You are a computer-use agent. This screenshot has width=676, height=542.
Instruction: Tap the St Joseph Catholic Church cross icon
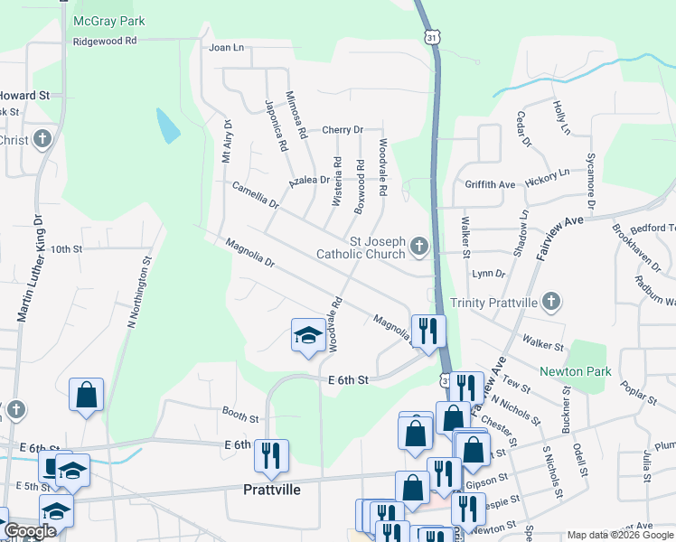(418, 245)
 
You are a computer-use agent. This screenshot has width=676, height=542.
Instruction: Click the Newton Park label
(575, 371)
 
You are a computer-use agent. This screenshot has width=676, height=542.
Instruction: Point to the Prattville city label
(271, 490)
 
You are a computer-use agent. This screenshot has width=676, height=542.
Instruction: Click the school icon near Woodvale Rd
(308, 335)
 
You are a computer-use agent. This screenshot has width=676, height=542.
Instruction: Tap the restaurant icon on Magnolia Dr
(427, 330)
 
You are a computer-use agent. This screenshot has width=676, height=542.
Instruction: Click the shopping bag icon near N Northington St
(86, 394)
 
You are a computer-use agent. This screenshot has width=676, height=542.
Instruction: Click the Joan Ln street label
(226, 47)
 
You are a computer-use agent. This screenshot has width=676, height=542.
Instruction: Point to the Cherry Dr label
(342, 130)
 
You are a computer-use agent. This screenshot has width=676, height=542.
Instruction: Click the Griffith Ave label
(490, 184)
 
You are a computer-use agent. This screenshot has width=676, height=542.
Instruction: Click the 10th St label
(66, 248)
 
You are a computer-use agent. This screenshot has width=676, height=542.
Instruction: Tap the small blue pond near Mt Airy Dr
(168, 126)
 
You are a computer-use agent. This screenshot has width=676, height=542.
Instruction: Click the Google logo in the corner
(29, 530)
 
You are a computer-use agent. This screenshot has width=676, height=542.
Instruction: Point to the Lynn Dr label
(488, 273)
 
